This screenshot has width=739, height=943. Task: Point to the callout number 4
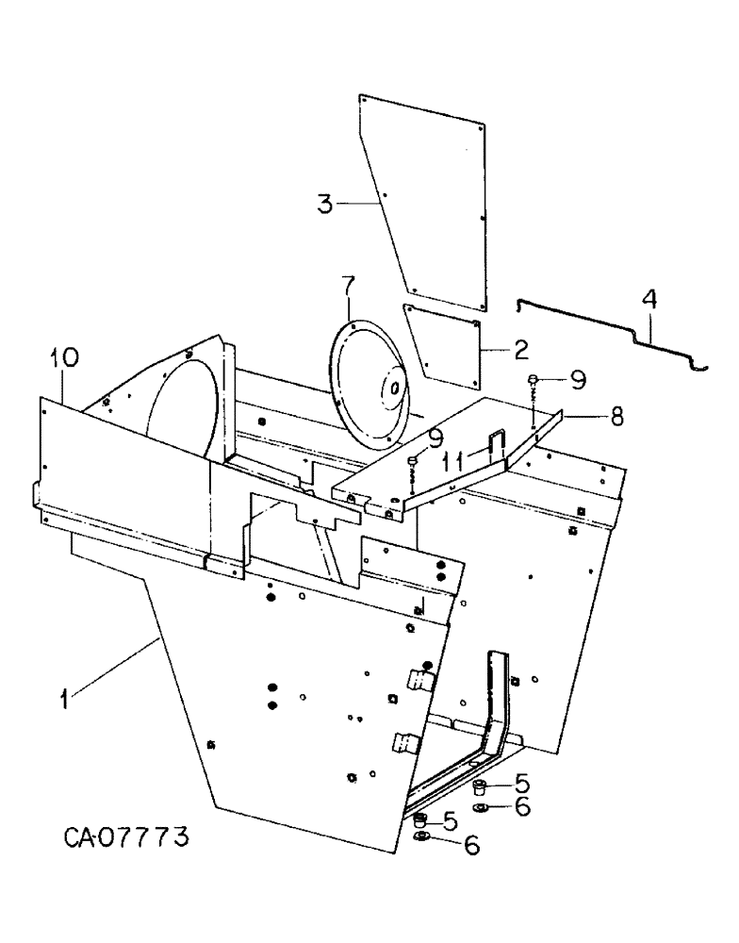pyautogui.click(x=649, y=300)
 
